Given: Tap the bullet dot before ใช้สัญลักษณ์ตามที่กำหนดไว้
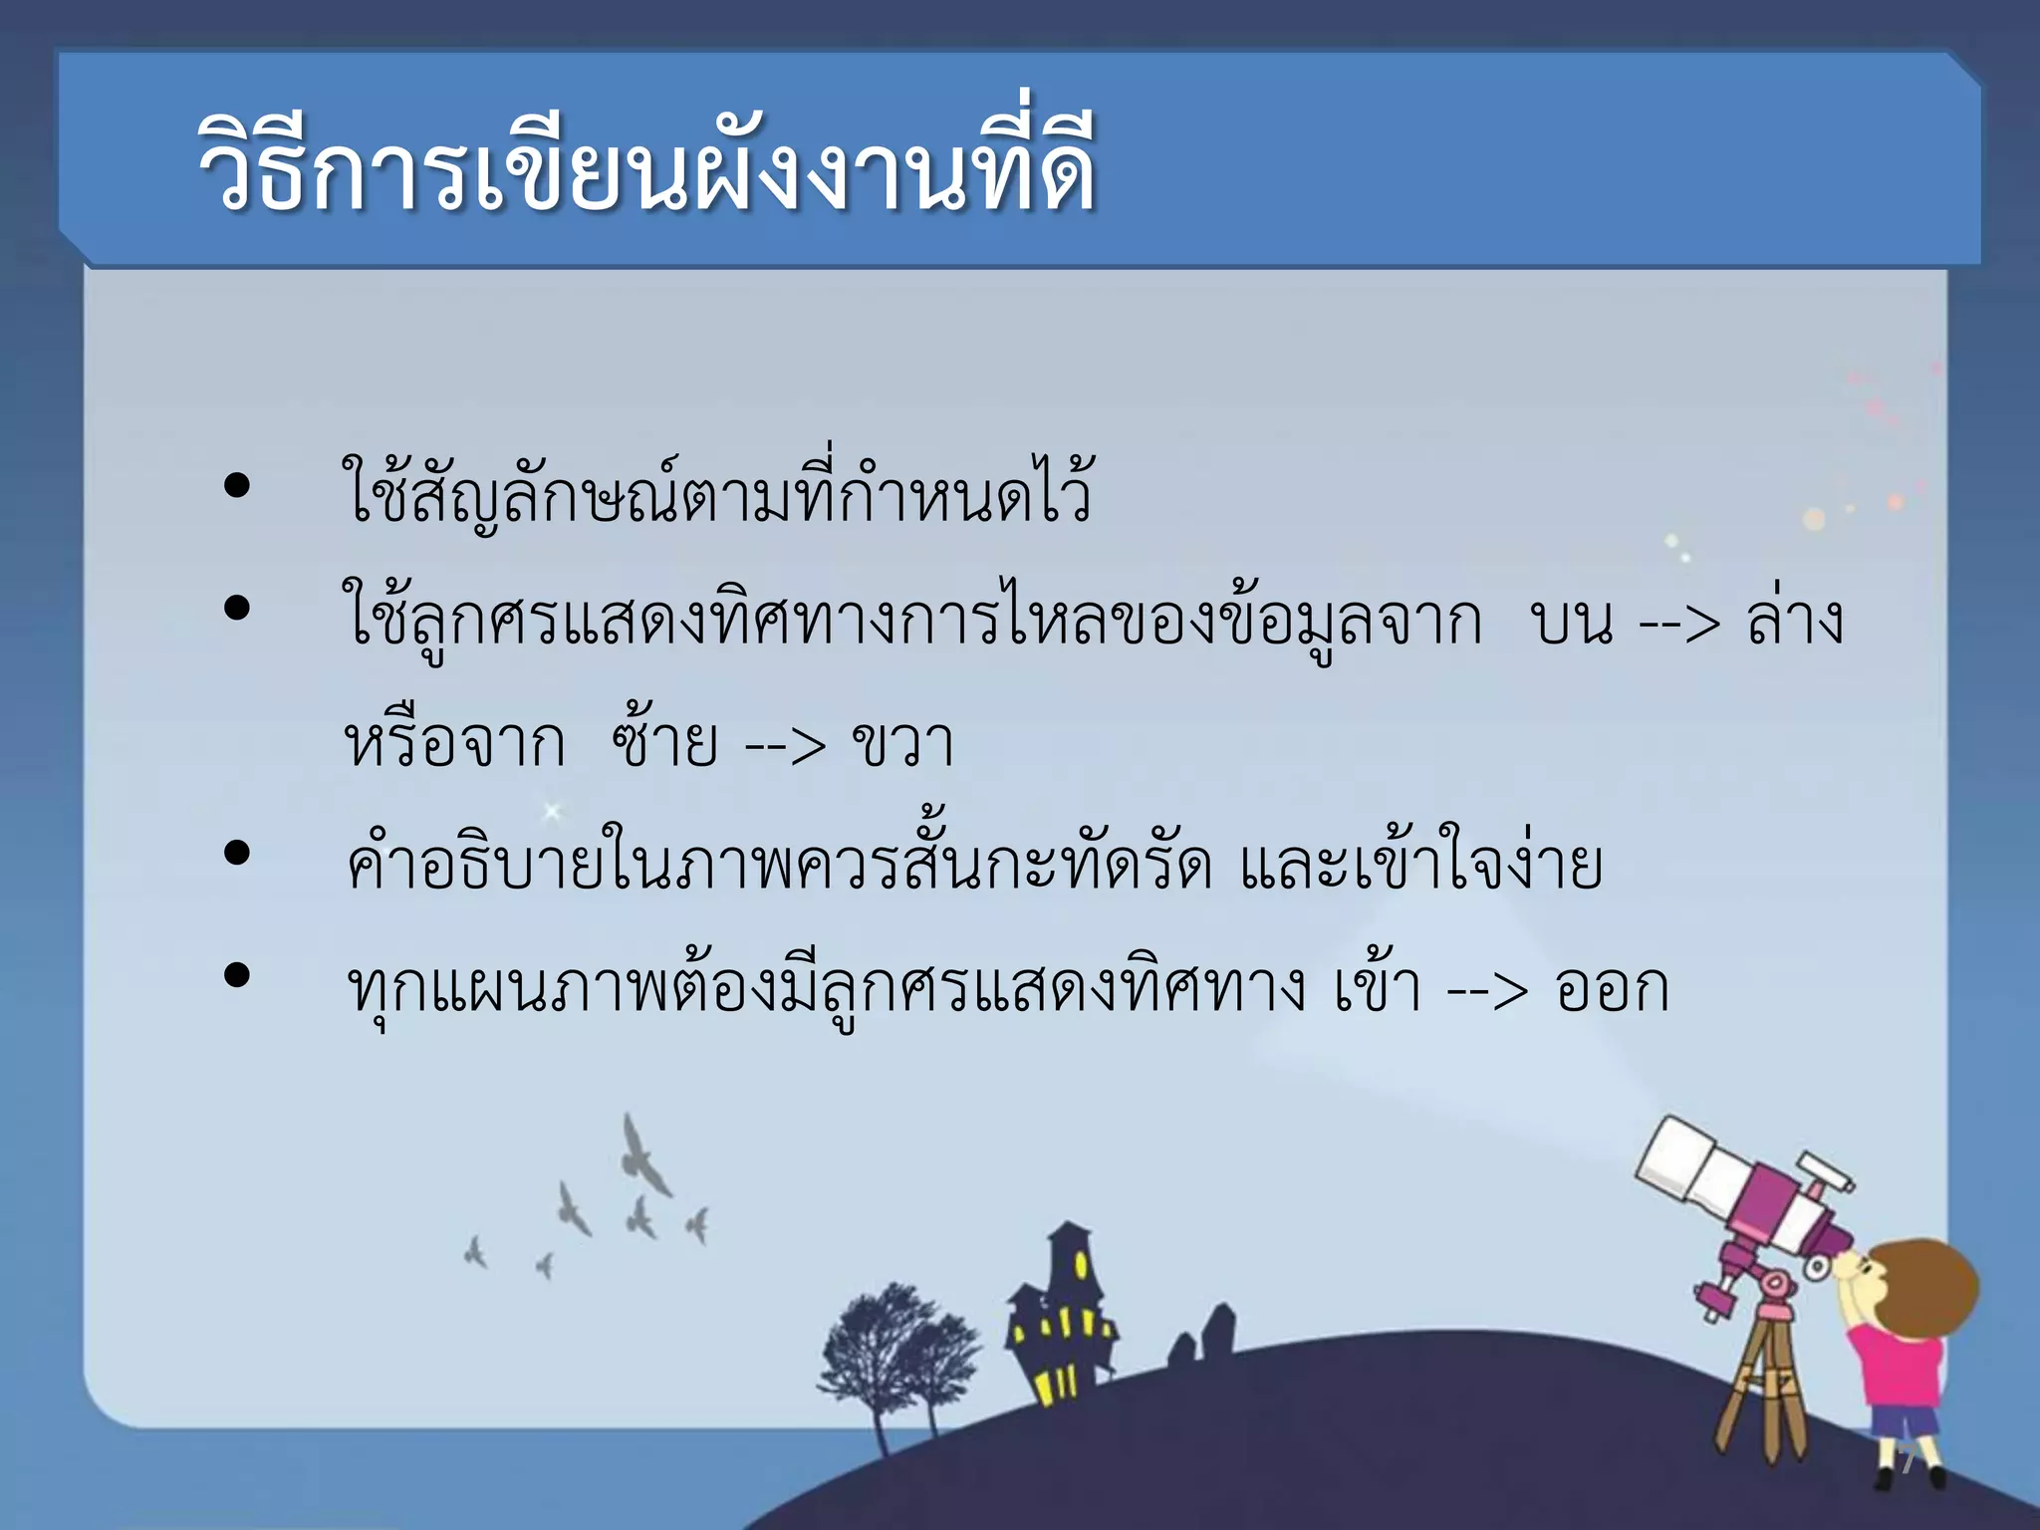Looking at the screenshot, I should pyautogui.click(x=237, y=486).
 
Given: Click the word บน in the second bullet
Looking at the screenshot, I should pyautogui.click(x=1572, y=624).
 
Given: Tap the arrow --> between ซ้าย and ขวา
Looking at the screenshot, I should pyautogui.click(x=785, y=745).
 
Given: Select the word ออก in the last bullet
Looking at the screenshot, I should pyautogui.click(x=1612, y=988).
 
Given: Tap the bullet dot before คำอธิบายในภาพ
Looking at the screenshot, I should pyautogui.click(x=237, y=853).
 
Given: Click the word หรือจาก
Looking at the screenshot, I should pyautogui.click(x=454, y=741).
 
